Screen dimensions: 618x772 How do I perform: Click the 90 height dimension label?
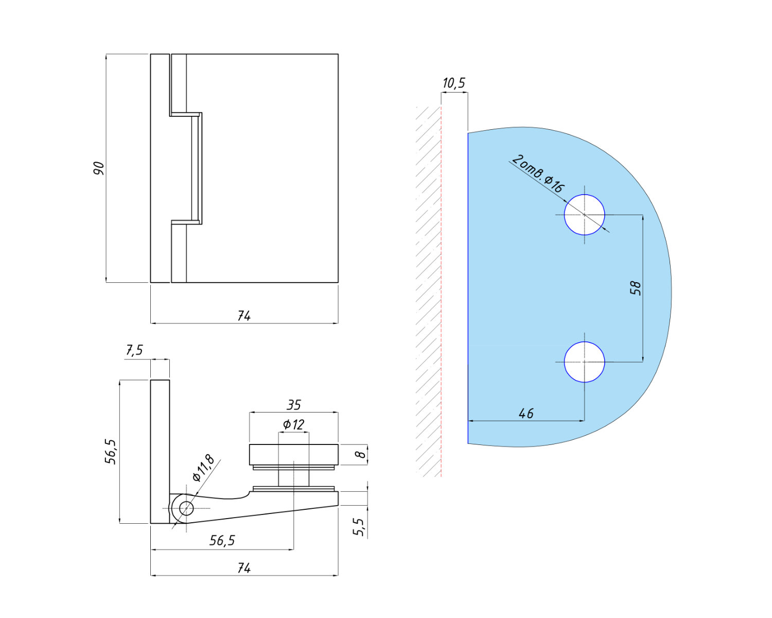(x=98, y=168)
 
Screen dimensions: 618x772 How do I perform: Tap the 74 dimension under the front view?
(x=244, y=316)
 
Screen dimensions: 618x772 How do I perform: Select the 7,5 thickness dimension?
(x=134, y=351)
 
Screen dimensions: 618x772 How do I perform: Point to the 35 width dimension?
(x=293, y=405)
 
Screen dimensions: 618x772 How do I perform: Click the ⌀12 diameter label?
(x=293, y=424)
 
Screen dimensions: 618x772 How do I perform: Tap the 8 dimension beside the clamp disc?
(x=361, y=454)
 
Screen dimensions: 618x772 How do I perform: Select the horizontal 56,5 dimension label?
(x=222, y=540)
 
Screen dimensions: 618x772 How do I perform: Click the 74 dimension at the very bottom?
(x=244, y=568)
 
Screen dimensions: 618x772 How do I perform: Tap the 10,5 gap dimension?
(x=453, y=83)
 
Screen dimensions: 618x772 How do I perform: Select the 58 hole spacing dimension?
(x=636, y=288)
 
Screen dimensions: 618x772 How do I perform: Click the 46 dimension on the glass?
(x=526, y=413)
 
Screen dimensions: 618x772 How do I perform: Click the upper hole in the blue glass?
(x=584, y=214)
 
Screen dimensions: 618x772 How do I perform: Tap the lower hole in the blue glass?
(x=584, y=362)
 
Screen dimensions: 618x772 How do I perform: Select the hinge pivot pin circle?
(x=186, y=509)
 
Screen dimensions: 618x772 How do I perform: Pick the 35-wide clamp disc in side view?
(x=293, y=454)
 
